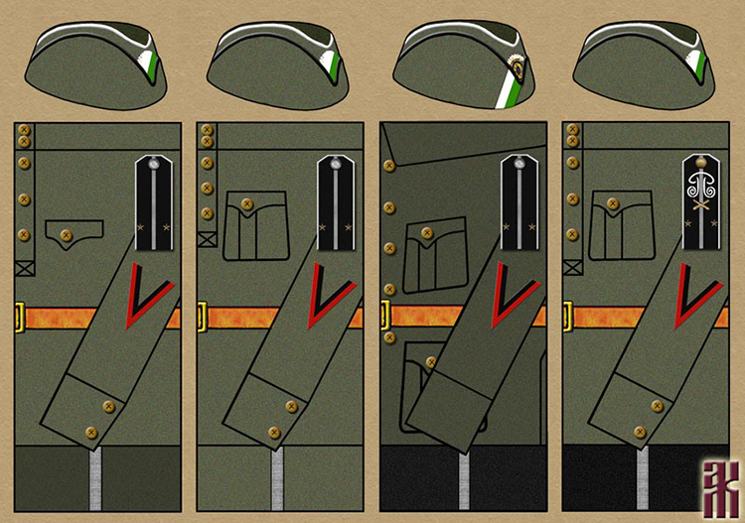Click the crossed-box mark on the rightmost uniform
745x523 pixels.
pyautogui.click(x=571, y=266)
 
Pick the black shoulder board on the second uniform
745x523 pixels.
pyautogui.click(x=337, y=203)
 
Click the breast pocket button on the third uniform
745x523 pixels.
pyautogui.click(x=427, y=233)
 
